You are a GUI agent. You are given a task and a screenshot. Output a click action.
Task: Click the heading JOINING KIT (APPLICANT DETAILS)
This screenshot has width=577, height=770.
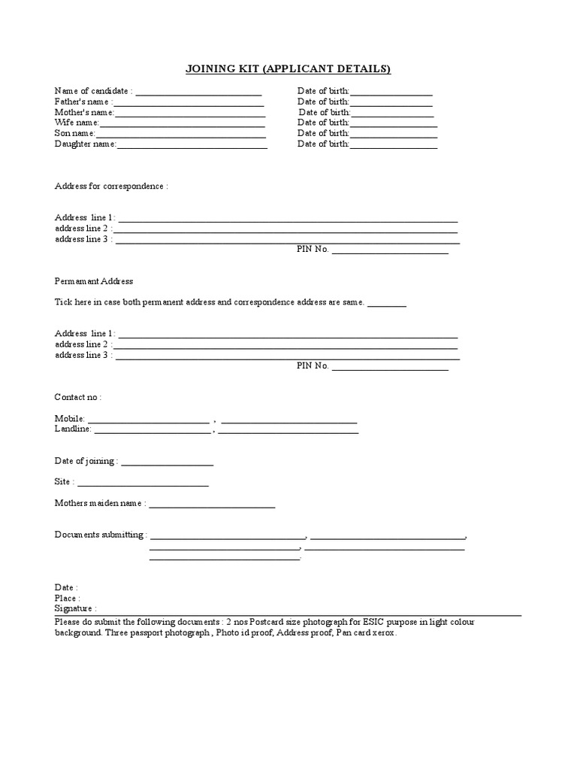click(x=288, y=70)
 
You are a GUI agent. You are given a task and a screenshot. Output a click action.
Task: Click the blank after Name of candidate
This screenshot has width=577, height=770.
click(x=198, y=92)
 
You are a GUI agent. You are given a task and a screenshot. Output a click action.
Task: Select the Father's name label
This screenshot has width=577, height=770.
click(x=83, y=102)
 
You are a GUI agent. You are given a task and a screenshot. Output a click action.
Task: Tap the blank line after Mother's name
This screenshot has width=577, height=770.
click(x=190, y=114)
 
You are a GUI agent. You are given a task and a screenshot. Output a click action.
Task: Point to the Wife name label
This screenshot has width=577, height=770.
click(x=76, y=123)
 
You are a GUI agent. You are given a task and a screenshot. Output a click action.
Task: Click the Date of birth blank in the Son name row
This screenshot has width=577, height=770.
click(x=394, y=135)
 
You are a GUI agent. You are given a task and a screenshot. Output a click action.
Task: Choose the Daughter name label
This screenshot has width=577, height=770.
click(x=84, y=144)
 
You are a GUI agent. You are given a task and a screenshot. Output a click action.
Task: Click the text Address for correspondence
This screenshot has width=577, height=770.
click(x=110, y=186)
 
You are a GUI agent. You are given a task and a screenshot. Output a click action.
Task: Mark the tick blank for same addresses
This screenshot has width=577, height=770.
click(x=387, y=304)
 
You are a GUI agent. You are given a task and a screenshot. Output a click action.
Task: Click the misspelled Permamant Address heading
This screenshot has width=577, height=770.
click(x=93, y=281)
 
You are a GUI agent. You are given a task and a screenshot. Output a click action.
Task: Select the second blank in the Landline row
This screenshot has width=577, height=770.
click(x=288, y=431)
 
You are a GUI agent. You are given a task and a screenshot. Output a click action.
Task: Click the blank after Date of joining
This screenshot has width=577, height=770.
click(x=167, y=462)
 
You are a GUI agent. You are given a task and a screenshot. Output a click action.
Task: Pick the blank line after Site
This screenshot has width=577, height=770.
click(x=143, y=484)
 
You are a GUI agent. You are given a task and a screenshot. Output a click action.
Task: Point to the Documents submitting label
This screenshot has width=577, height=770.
click(x=100, y=535)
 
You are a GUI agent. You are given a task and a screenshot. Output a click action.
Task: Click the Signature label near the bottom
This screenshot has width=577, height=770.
click(x=74, y=608)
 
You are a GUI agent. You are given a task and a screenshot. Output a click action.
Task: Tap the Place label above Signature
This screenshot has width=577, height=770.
click(x=66, y=598)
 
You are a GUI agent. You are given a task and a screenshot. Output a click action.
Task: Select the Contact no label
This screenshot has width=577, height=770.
click(x=77, y=396)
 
